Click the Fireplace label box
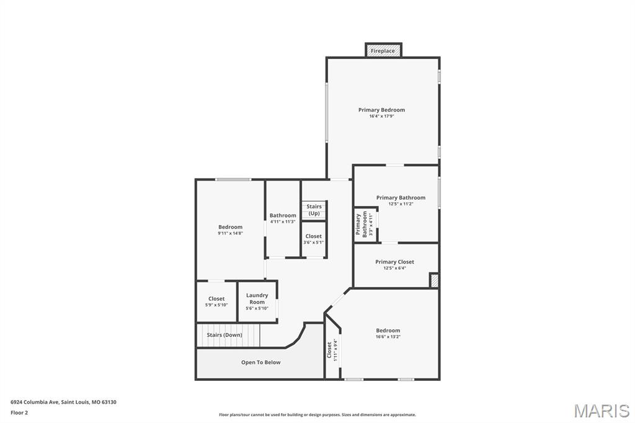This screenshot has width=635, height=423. [x=383, y=51]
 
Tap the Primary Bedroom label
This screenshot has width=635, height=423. [x=381, y=110]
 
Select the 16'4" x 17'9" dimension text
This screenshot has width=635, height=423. [x=381, y=116]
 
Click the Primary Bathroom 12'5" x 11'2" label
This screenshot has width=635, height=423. [x=401, y=200]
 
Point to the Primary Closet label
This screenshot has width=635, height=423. [x=394, y=262]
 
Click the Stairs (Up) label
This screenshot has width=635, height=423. [x=314, y=210]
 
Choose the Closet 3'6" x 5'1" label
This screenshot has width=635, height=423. [x=313, y=239]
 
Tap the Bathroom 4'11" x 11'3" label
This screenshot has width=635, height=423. [x=283, y=218]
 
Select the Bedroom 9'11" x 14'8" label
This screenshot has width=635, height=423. [x=230, y=229]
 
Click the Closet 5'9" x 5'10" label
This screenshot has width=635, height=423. [x=216, y=301]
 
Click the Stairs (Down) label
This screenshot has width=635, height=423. [x=224, y=335]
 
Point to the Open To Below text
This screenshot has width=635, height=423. [x=260, y=362]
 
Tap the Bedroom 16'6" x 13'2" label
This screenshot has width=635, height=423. [x=388, y=333]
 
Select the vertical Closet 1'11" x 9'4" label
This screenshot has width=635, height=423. [x=332, y=350]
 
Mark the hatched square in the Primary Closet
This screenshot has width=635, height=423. [x=434, y=280]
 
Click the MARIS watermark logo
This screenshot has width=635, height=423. [x=602, y=411]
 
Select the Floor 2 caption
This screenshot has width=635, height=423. [x=19, y=412]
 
